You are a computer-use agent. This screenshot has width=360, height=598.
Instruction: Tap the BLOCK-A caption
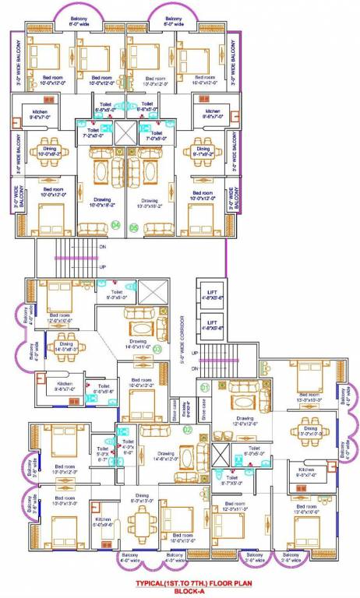182,590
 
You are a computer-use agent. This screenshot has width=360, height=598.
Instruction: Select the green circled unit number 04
117,227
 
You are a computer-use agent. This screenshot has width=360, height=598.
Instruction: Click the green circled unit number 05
134,227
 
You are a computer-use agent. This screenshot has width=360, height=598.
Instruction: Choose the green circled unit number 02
187,429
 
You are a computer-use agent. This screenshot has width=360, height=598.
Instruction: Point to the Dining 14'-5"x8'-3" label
65,348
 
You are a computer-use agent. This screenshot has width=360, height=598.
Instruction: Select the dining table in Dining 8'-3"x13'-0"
141,517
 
